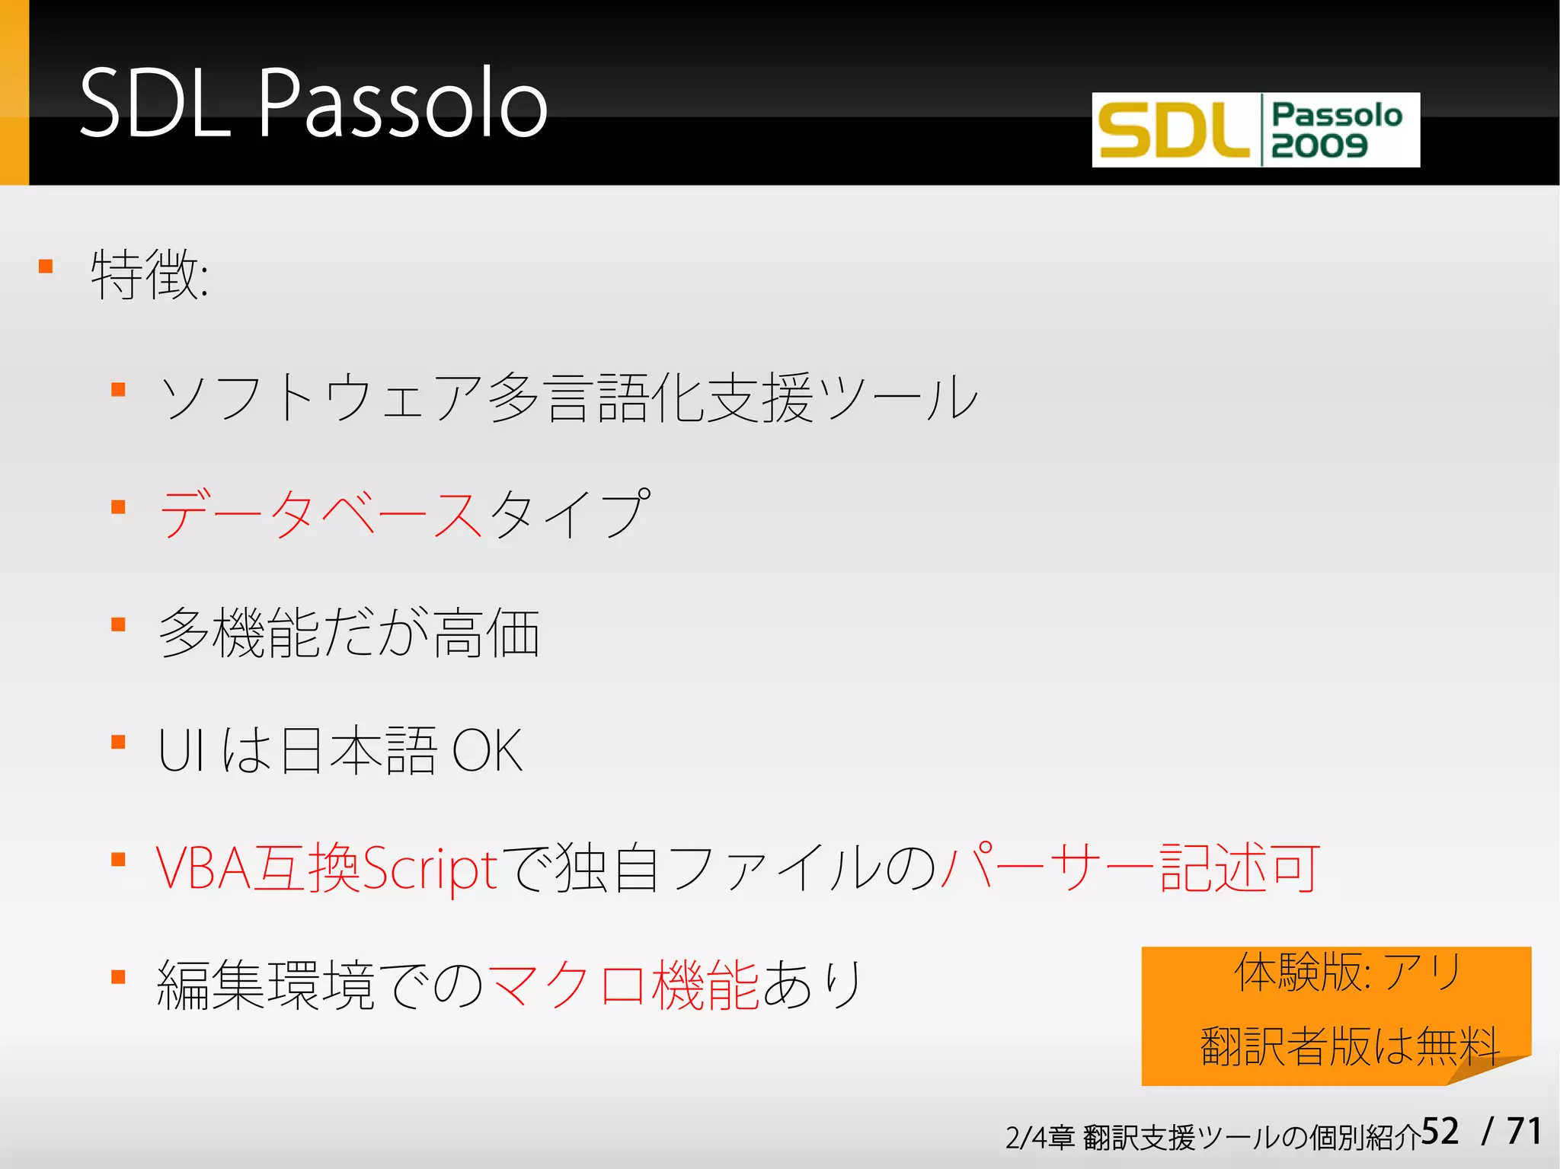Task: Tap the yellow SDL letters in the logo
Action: pyautogui.click(x=1173, y=131)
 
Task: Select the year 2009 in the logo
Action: pyautogui.click(x=1319, y=145)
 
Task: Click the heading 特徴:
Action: pyautogui.click(x=149, y=274)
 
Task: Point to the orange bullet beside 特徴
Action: pyautogui.click(x=46, y=267)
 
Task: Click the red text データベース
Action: pyautogui.click(x=321, y=515)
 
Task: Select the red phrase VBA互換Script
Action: pyautogui.click(x=328, y=868)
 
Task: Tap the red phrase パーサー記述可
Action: pyautogui.click(x=1130, y=868)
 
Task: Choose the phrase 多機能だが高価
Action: pyautogui.click(x=349, y=633)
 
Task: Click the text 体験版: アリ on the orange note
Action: pyautogui.click(x=1348, y=973)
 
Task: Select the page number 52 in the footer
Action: pyautogui.click(x=1440, y=1132)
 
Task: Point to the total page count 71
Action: pyautogui.click(x=1524, y=1132)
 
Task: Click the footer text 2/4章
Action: pyautogui.click(x=1039, y=1138)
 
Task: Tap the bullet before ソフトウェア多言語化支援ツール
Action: pyautogui.click(x=118, y=391)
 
